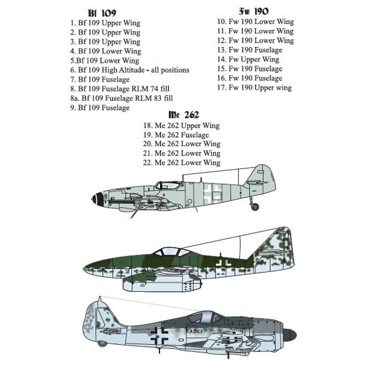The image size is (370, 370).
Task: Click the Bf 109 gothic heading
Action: pos(102,13)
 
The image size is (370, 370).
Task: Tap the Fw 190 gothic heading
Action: pos(254,11)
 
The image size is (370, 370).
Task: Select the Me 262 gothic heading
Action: pos(184,115)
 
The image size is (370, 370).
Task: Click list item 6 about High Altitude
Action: pos(130,70)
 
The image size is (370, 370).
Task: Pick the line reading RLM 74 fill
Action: pos(120,89)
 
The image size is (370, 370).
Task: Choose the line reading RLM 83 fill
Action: pos(122,99)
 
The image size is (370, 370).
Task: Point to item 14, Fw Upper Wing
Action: pos(248,60)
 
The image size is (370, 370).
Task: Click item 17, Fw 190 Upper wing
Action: pos(254,88)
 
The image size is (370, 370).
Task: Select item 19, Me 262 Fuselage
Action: pos(176,135)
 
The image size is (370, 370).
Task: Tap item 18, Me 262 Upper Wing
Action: pos(182,126)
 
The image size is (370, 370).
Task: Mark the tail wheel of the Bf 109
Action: pos(255,207)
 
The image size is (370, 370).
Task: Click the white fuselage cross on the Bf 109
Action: pos(213,193)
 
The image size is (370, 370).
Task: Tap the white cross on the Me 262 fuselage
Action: pos(223,262)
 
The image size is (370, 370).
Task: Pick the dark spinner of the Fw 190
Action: pos(289,335)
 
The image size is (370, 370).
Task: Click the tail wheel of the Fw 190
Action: pos(102,344)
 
